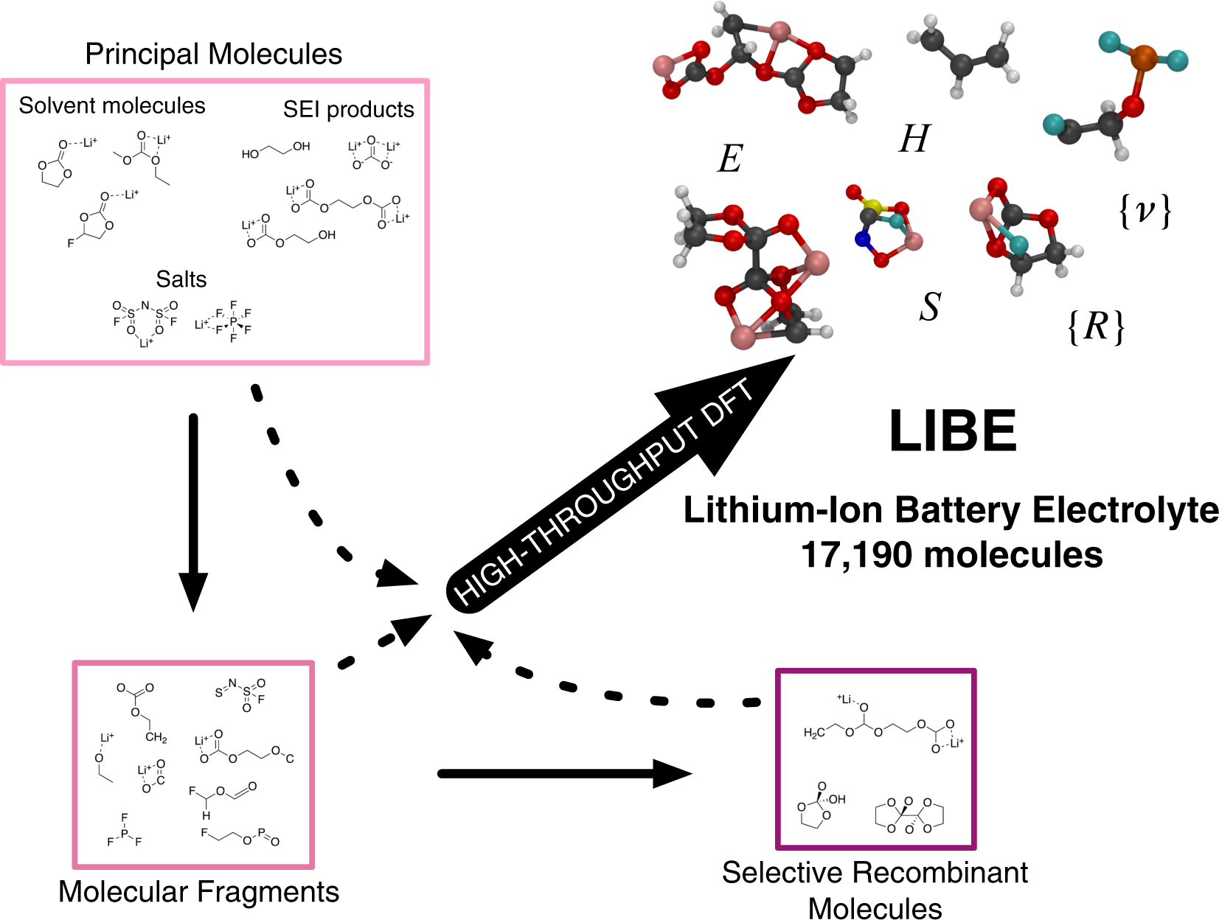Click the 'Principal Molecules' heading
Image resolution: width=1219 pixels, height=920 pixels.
pos(213,54)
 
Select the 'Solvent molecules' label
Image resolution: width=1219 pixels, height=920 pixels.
pos(112,105)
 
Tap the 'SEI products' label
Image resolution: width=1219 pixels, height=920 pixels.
pos(348,109)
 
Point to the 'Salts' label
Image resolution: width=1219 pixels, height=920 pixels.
pos(181,279)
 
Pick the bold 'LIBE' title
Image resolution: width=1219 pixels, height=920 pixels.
pos(953,431)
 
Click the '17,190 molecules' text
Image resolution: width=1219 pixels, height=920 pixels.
pos(951,554)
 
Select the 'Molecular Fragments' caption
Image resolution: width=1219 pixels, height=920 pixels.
pos(198,891)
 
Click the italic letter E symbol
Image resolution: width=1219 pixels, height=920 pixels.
pos(730,158)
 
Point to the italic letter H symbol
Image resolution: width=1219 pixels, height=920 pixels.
pos(914,139)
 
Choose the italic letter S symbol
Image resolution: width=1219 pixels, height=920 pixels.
pos(930,307)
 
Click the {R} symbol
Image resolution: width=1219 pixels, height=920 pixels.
pos(1097,326)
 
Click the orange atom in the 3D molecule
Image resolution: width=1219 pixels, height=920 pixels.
pos(1143,57)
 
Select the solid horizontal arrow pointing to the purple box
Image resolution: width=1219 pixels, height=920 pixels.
pos(564,773)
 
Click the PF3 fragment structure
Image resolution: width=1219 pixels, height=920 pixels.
pos(124,832)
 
